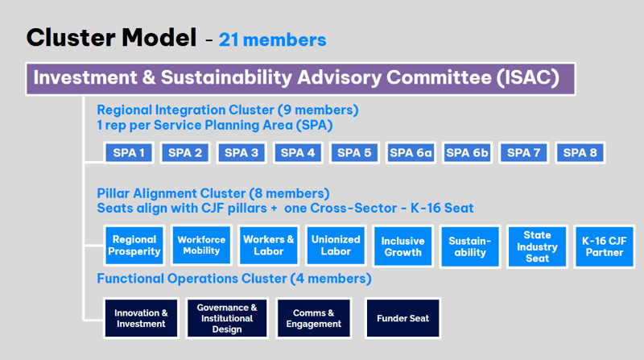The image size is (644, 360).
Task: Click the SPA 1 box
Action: [129, 153]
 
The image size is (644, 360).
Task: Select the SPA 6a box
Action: [411, 153]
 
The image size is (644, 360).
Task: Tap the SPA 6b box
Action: [467, 153]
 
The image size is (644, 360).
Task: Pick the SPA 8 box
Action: [580, 153]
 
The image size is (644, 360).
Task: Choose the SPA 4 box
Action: [298, 153]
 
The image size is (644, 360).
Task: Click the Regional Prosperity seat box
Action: [134, 246]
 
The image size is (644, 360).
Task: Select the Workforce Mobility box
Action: [201, 245]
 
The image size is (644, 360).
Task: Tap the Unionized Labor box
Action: [336, 246]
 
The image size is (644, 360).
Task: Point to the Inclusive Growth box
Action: [403, 246]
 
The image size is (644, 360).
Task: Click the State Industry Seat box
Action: [537, 246]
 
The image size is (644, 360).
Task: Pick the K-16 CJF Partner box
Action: [605, 246]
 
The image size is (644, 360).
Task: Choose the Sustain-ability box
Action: [470, 246]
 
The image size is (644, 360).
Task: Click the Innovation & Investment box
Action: [142, 318]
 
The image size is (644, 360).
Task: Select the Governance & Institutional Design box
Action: [227, 318]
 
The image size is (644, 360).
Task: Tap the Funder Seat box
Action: [403, 318]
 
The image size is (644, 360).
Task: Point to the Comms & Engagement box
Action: [314, 318]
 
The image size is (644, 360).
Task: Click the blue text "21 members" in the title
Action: [273, 39]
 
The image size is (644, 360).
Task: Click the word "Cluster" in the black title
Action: [71, 37]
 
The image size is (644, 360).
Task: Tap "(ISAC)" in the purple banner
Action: [528, 77]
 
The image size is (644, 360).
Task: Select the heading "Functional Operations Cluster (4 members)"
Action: [234, 279]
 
